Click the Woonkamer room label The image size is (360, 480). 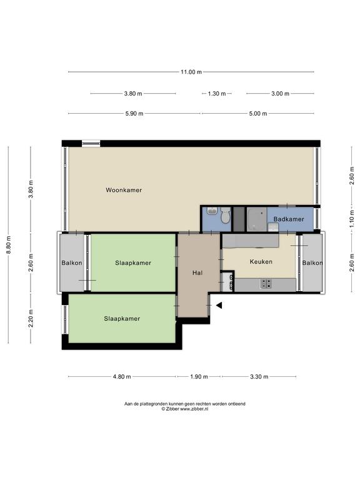tap(124, 190)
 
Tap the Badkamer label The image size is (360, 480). tap(289, 219)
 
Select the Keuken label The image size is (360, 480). tap(261, 262)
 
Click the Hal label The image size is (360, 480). tap(197, 272)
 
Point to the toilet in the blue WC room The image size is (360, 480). tap(226, 215)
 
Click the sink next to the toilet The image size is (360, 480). tap(212, 211)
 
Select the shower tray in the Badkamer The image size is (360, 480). tap(256, 219)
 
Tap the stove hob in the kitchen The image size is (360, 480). tap(266, 284)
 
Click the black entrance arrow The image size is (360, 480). tap(219, 305)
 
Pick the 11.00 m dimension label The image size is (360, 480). tap(191, 72)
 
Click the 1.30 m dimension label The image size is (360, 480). tap(217, 94)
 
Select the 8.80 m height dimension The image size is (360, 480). tap(9, 244)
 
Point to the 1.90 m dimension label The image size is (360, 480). tap(199, 376)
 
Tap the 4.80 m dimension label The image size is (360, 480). tap(122, 376)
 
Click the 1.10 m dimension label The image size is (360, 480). tap(351, 219)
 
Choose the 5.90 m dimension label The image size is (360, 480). tap(134, 114)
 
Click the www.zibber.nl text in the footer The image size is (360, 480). tap(194, 409)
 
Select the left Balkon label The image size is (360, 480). tap(72, 263)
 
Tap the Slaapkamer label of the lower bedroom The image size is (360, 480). tap(122, 319)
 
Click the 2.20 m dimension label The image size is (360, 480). tap(31, 318)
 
